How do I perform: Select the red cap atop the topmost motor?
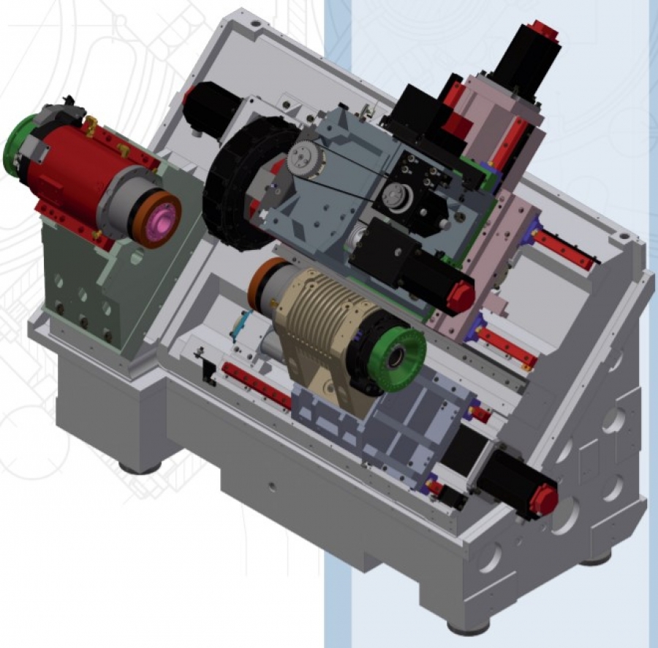(545, 29)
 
